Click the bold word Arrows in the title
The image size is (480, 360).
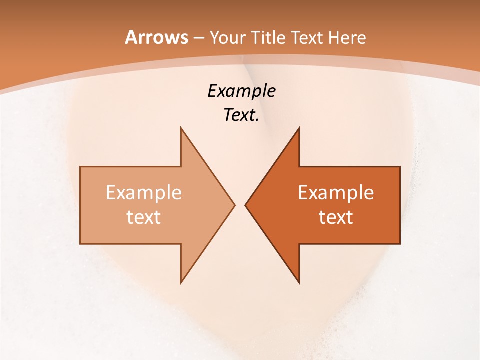point(156,37)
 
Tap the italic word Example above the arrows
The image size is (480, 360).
point(241,91)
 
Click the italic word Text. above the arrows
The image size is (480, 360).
point(241,115)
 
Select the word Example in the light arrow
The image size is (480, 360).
point(144,193)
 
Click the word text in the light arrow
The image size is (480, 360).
point(144,217)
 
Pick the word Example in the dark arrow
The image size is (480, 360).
point(336,193)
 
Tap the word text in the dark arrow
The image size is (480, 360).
point(336,217)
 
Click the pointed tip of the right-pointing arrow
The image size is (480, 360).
point(234,205)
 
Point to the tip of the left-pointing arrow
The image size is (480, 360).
point(245,205)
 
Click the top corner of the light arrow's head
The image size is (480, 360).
point(181,128)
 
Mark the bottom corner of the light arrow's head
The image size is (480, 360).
point(181,282)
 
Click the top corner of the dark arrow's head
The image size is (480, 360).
point(299,128)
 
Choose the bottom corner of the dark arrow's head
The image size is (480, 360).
point(299,282)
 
